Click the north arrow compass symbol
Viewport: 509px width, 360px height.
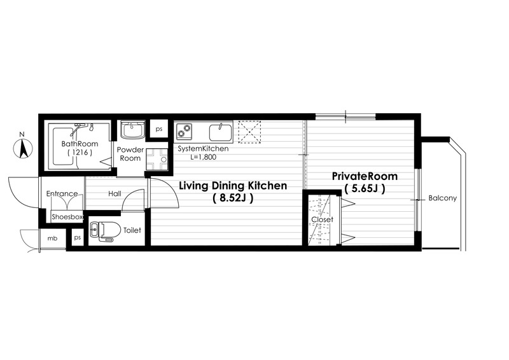tap(23, 148)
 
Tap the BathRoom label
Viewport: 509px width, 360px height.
tap(80, 144)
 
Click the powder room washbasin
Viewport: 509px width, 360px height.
tap(133, 130)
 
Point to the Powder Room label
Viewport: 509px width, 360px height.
tap(130, 154)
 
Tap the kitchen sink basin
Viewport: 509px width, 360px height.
tap(220, 132)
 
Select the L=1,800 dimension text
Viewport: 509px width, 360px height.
tap(203, 158)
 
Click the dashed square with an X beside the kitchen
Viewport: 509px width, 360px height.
tap(249, 132)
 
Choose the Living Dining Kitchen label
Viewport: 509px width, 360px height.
tap(233, 186)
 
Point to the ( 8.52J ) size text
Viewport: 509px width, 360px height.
tap(233, 198)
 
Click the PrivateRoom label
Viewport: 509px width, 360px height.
tap(365, 176)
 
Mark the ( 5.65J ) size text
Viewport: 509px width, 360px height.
tap(365, 188)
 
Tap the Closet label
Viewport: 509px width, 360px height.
tap(323, 219)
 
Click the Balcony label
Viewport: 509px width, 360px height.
tap(442, 198)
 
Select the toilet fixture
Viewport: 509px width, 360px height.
tap(101, 231)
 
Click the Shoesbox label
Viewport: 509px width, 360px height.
tap(67, 216)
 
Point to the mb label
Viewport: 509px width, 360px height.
tap(52, 239)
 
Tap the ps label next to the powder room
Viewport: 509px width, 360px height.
tap(158, 129)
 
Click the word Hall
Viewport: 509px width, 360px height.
tap(115, 194)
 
